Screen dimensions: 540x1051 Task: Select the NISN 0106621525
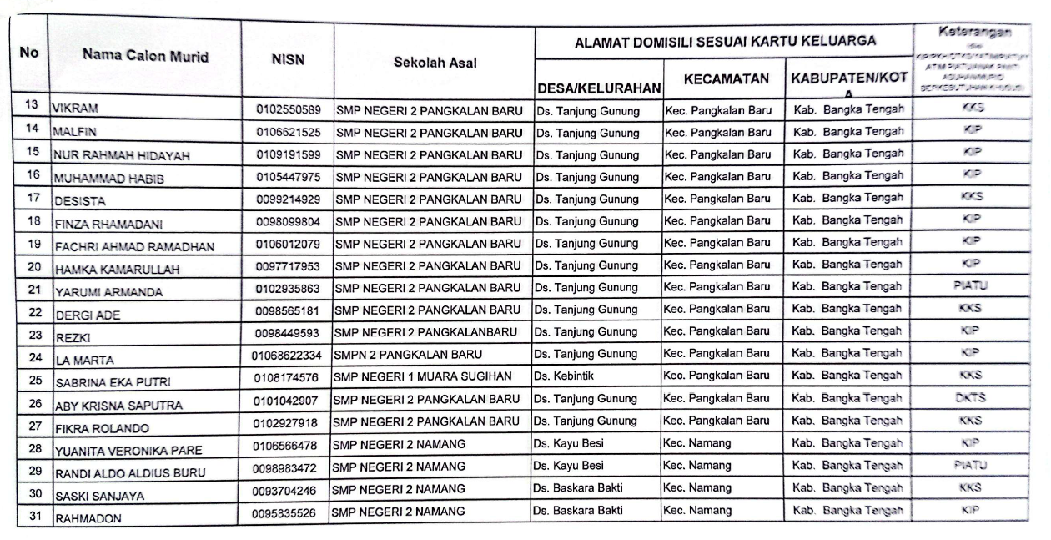(x=288, y=131)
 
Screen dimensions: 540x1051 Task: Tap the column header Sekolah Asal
(x=435, y=62)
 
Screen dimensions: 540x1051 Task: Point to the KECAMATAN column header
(x=725, y=79)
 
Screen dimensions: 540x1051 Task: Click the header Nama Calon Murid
(x=144, y=57)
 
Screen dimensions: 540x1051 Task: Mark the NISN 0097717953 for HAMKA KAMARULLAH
(x=288, y=265)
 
